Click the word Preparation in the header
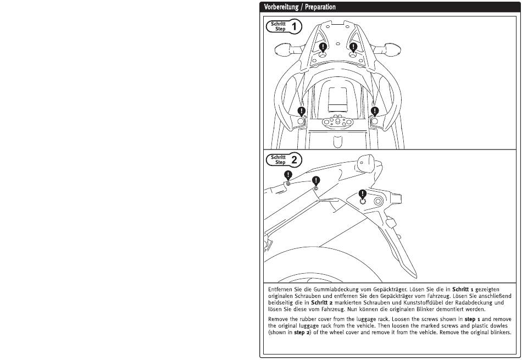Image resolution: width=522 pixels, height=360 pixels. click(x=318, y=7)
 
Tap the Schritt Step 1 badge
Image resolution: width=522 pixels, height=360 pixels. click(x=284, y=26)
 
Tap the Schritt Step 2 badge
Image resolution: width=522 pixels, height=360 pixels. click(x=284, y=160)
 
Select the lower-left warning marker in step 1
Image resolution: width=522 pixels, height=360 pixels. click(x=301, y=110)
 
